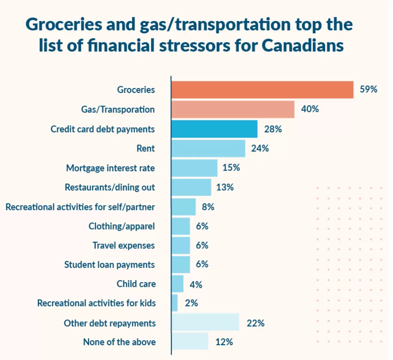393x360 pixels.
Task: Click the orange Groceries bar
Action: [262, 90]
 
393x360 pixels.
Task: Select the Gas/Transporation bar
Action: [233, 109]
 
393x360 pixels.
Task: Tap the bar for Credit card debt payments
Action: [215, 129]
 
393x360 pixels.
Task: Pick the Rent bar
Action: [209, 148]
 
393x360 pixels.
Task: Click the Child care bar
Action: [177, 284]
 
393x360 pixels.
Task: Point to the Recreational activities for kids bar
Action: [175, 303]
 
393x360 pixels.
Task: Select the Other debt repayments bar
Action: [205, 322]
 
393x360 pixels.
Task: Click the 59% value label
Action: [368, 89]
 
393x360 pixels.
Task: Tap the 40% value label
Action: [310, 109]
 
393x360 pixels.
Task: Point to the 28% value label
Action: [273, 129]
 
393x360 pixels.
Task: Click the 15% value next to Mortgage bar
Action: [231, 167]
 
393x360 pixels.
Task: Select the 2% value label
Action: [191, 303]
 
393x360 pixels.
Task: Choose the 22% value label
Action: [256, 323]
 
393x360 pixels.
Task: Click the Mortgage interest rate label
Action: [110, 168]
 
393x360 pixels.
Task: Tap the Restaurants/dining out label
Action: [110, 187]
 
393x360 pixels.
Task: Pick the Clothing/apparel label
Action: [121, 226]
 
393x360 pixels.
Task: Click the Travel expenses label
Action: [124, 246]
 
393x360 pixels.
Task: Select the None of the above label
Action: [119, 342]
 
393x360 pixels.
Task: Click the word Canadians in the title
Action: [303, 46]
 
